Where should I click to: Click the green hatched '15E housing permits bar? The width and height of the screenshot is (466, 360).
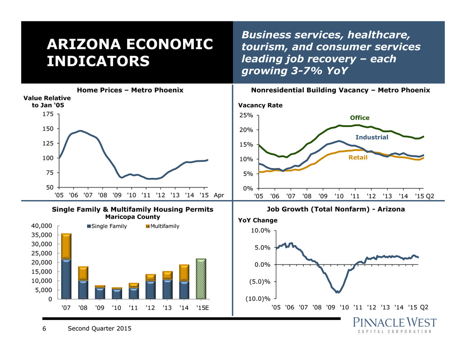pos(201,278)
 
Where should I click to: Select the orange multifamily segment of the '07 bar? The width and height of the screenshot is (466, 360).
pos(66,246)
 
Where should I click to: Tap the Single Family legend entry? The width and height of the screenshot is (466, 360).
pos(107,226)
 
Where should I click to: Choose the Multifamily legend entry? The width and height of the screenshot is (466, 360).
pos(163,226)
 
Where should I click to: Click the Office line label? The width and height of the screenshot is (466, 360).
pos(360,118)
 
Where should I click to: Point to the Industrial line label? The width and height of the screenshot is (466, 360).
pos(372,137)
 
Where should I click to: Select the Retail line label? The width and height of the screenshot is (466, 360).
pos(358,157)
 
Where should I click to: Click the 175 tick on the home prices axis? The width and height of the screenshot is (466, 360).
pos(48,114)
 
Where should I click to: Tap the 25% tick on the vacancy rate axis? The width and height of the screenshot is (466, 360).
pos(246,115)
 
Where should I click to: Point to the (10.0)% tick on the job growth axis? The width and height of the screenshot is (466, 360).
pos(258,299)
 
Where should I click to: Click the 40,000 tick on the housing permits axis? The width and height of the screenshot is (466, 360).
pos(41,226)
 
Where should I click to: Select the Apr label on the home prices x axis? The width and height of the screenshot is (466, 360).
pos(219,195)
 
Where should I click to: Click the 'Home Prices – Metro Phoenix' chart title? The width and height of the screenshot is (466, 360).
pos(130,90)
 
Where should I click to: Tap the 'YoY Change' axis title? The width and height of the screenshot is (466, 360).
pos(258,220)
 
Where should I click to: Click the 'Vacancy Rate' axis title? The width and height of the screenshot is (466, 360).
pos(260,105)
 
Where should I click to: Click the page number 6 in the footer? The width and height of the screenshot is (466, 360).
pos(44,328)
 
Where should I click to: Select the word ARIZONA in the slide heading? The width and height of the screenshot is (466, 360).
pos(83,44)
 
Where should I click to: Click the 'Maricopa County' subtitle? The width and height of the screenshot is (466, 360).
pos(132,217)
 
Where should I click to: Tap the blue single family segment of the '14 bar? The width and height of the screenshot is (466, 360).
pos(184,290)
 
